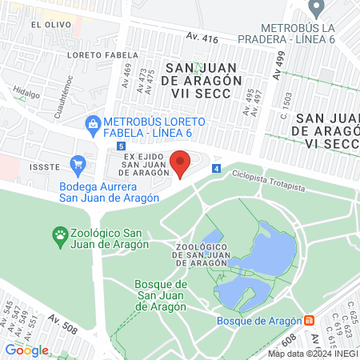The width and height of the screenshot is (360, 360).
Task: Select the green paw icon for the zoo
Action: point(60,235)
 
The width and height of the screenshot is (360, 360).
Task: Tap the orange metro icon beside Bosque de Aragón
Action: point(310,321)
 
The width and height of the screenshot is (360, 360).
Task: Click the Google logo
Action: point(26,350)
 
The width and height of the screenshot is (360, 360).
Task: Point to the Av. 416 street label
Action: point(202,37)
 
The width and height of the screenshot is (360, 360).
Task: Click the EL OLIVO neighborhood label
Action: point(47,25)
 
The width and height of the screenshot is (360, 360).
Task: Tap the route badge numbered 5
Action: point(120,146)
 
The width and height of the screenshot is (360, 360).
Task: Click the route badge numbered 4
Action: point(216,168)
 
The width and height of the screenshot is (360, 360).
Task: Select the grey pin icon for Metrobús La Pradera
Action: point(317,9)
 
